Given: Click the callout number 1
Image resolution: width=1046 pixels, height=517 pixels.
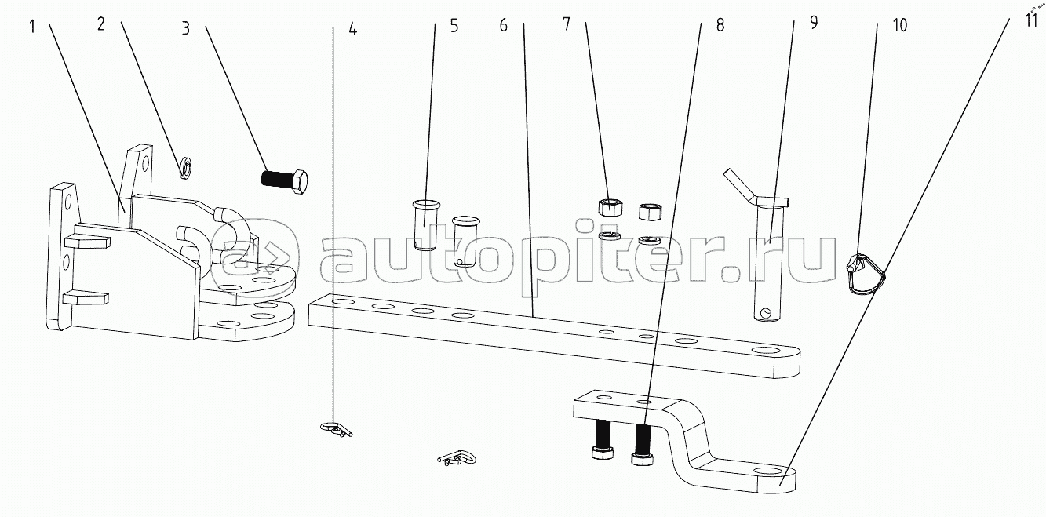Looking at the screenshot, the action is click(32, 27).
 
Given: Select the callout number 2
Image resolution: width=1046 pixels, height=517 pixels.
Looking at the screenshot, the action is click(101, 24).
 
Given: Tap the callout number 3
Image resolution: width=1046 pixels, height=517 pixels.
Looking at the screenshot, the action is click(186, 28).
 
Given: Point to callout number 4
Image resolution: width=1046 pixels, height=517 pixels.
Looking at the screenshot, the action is click(352, 30).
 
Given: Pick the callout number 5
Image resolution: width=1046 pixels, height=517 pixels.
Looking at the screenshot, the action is click(454, 26).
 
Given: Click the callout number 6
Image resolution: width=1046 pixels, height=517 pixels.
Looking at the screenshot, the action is click(504, 25).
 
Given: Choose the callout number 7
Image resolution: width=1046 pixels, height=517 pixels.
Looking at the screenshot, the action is click(567, 24).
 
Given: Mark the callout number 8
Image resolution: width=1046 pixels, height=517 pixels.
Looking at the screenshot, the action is click(720, 25).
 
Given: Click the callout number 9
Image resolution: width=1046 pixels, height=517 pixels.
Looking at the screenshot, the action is click(814, 23).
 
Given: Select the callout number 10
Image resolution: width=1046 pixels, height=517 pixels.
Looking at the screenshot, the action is click(900, 25).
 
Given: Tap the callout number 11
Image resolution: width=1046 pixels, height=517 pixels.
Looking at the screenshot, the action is click(1031, 20).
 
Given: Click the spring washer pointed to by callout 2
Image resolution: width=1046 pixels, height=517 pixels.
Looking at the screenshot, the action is click(186, 169).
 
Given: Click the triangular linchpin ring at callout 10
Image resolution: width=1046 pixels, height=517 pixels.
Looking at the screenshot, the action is click(866, 275).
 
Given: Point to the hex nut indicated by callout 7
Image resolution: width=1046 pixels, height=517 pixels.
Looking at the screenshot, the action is click(610, 207).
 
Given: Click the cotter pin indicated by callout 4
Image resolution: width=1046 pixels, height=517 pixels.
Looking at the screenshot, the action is click(336, 428).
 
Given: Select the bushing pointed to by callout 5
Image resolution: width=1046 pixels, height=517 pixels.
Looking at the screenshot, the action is click(426, 224).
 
